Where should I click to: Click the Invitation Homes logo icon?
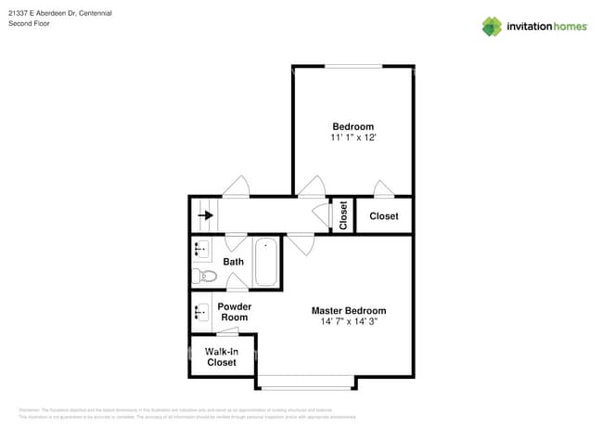click(492, 26)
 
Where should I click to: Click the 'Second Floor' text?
click(29, 23)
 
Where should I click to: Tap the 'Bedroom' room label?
click(353, 126)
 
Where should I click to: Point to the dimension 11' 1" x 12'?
click(353, 137)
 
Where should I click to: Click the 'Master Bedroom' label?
click(349, 310)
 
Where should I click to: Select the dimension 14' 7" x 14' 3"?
click(349, 321)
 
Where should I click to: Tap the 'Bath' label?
click(233, 262)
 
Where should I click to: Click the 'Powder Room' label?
click(234, 312)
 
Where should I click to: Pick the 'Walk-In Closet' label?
click(221, 356)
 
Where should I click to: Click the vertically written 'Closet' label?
click(342, 215)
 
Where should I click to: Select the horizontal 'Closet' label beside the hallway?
click(383, 216)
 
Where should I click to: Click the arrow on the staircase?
click(205, 215)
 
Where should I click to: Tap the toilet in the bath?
click(204, 276)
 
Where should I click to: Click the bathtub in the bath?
click(266, 261)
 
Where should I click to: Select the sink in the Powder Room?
click(199, 312)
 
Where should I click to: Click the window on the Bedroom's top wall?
click(353, 66)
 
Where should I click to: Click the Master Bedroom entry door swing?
click(299, 245)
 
